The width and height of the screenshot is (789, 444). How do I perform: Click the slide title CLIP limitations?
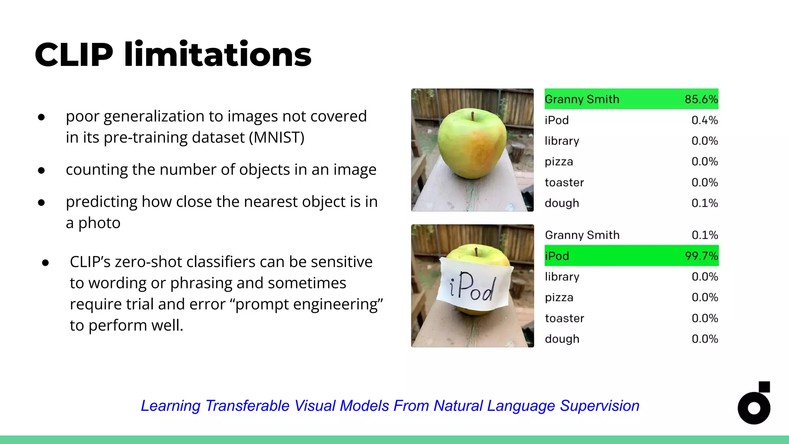pyautogui.click(x=173, y=55)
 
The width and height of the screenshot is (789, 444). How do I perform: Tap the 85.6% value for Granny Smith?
pyautogui.click(x=701, y=99)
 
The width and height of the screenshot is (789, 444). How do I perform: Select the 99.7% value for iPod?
pyautogui.click(x=701, y=256)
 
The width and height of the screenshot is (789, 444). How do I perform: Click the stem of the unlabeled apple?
pyautogui.click(x=472, y=115)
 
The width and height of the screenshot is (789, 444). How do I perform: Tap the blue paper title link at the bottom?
pyautogui.click(x=390, y=406)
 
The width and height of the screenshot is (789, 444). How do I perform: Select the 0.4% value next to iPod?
pyautogui.click(x=704, y=120)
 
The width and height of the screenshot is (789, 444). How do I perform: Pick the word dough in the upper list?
pyautogui.click(x=562, y=203)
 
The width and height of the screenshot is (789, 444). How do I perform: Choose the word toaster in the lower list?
pyautogui.click(x=564, y=318)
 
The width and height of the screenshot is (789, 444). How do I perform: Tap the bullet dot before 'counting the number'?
pyautogui.click(x=42, y=170)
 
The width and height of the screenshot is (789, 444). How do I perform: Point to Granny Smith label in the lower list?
pyautogui.click(x=582, y=235)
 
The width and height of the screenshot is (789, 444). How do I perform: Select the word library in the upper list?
pyautogui.click(x=562, y=141)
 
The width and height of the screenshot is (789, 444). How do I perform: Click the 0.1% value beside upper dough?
pyautogui.click(x=704, y=203)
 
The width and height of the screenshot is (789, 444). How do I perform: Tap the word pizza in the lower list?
pyautogui.click(x=559, y=298)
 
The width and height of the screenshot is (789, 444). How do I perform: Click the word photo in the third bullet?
pyautogui.click(x=99, y=223)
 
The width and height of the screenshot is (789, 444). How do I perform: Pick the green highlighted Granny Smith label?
pyautogui.click(x=582, y=99)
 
